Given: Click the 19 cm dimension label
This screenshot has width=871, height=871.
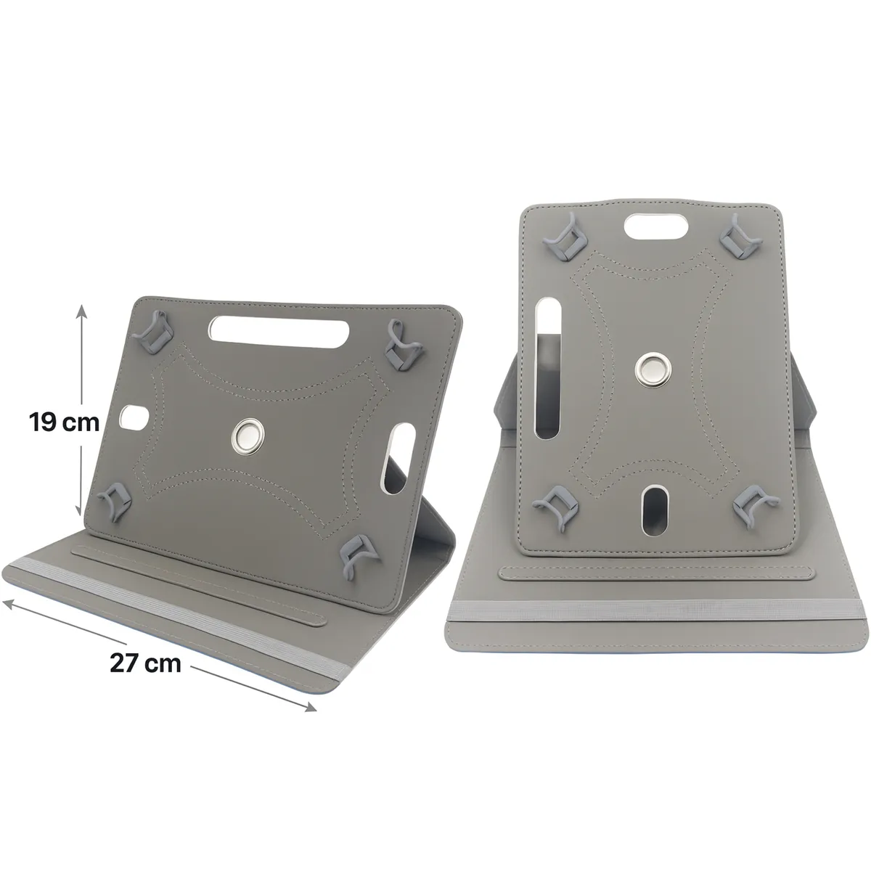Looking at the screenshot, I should pyautogui.click(x=64, y=422).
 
